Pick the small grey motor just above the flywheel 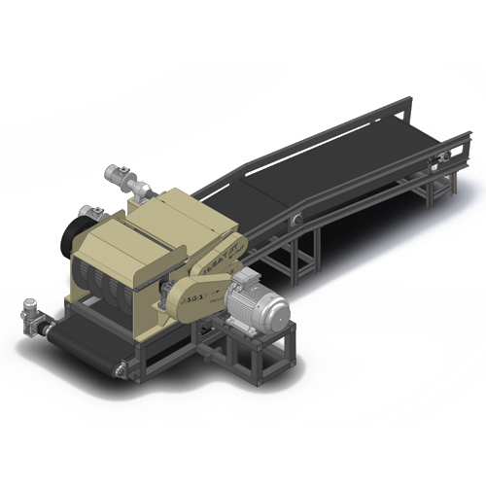coord(95,213)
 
